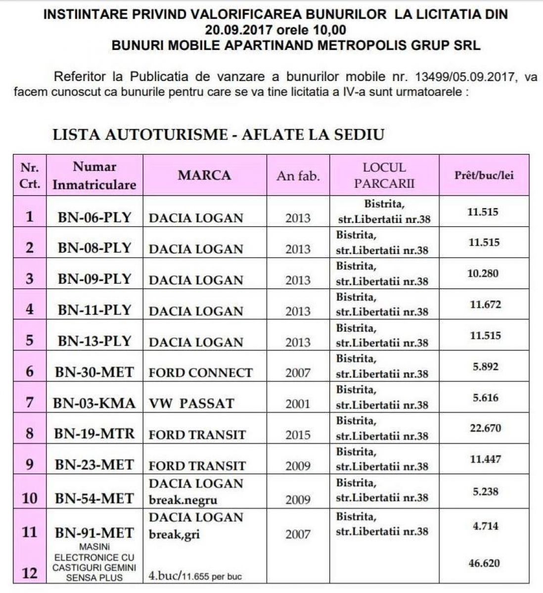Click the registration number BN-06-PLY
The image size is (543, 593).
[x=94, y=217]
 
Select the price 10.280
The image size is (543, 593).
[x=484, y=273]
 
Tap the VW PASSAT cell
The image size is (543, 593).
[x=191, y=403]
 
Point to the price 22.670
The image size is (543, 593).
[x=485, y=428]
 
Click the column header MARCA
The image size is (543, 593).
[x=204, y=175]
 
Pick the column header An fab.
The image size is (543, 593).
[x=298, y=176]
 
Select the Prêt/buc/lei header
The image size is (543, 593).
[x=484, y=175]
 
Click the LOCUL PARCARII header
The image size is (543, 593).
[x=384, y=175]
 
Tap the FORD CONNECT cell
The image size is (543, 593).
[x=201, y=373]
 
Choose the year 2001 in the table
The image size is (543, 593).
[x=298, y=404]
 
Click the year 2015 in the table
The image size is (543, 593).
[x=298, y=435]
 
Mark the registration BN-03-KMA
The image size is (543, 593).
[x=94, y=403]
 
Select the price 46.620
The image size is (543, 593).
[x=484, y=563]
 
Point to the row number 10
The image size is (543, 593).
[x=30, y=498]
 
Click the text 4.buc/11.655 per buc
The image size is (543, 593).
[x=195, y=576]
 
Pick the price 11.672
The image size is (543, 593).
[x=485, y=304]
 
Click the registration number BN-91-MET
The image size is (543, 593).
[x=94, y=533]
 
